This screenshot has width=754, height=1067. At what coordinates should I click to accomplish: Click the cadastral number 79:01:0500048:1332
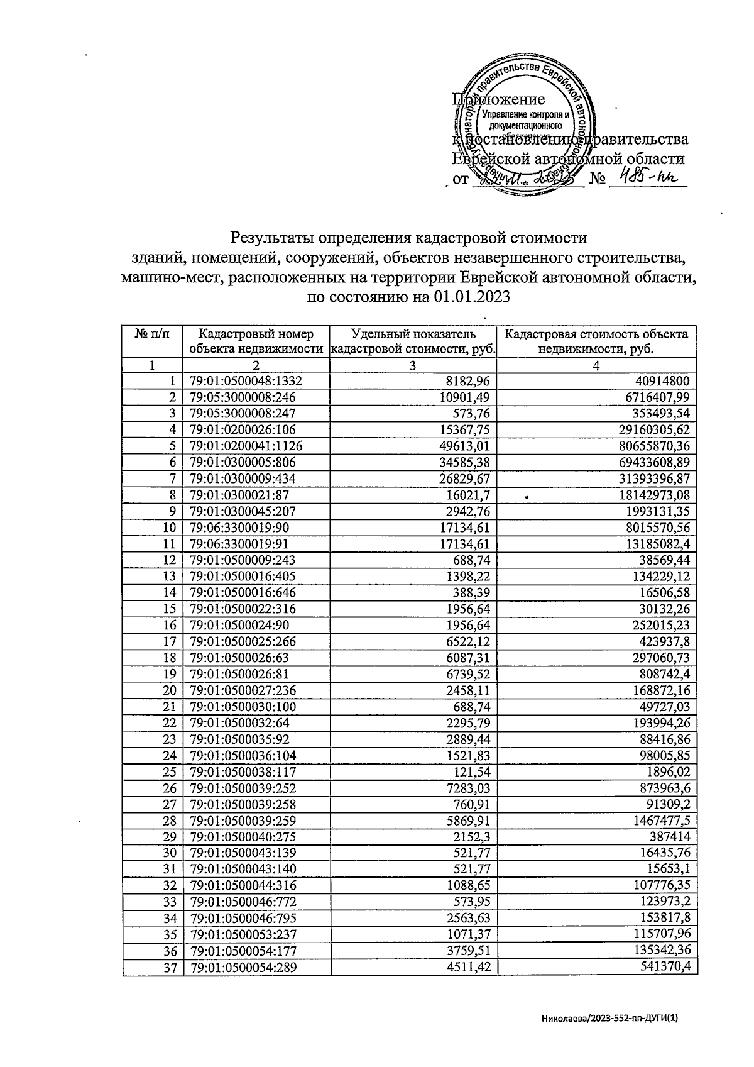pyautogui.click(x=250, y=381)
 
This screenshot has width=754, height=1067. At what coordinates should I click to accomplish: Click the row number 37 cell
pyautogui.click(x=170, y=968)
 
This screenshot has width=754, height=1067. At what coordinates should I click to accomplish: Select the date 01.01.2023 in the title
pyautogui.click(x=471, y=297)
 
